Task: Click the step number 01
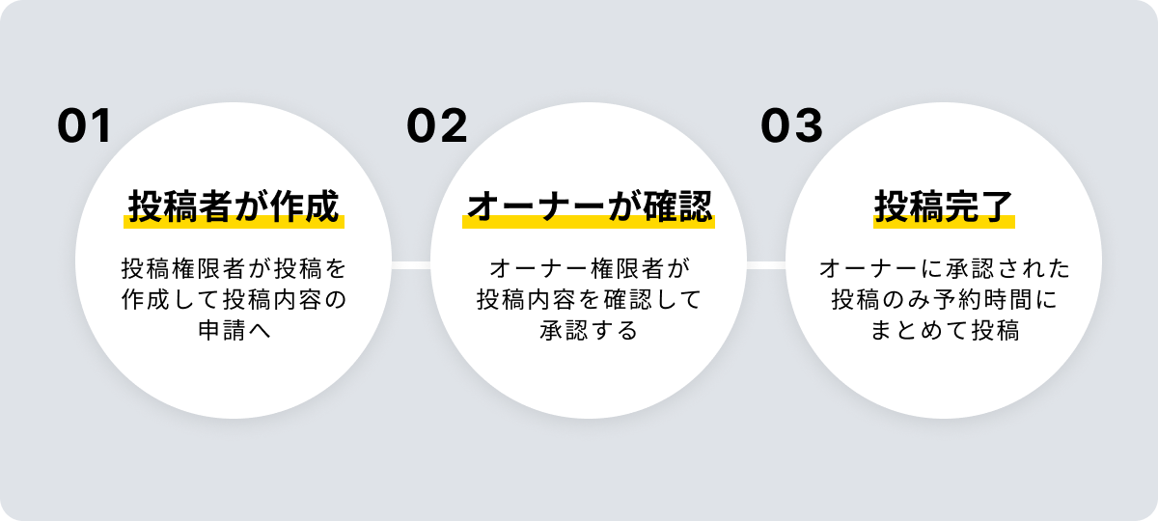[x=85, y=126]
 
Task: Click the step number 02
[x=436, y=126]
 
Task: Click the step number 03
[x=791, y=126]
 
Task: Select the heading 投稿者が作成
[x=234, y=206]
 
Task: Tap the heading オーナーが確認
[x=589, y=206]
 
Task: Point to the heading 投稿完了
[x=944, y=206]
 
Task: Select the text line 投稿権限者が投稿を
[x=234, y=267]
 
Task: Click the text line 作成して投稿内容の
[x=234, y=299]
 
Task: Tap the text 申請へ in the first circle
[x=234, y=331]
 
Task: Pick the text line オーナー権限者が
[x=589, y=267]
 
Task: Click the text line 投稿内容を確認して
[x=589, y=299]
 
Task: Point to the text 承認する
[x=589, y=331]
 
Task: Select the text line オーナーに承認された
[x=944, y=267]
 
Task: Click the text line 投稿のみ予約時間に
[x=944, y=299]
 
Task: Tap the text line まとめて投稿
[x=944, y=331]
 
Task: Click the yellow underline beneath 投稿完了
[x=944, y=223]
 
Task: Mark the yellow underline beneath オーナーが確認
[x=589, y=223]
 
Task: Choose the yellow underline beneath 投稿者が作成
[x=234, y=223]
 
